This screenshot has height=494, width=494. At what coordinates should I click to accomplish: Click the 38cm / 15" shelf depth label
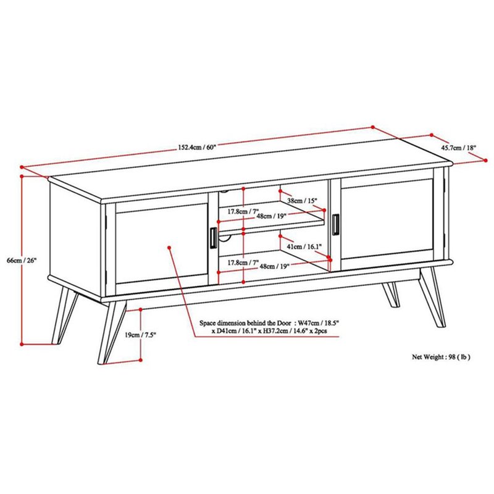(x=302, y=201)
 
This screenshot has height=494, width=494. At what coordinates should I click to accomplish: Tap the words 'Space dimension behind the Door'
(x=246, y=323)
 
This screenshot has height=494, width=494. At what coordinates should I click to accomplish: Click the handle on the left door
(x=212, y=237)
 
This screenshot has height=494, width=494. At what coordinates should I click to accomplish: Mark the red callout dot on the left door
(x=169, y=247)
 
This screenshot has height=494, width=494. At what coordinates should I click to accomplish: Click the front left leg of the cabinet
(x=112, y=333)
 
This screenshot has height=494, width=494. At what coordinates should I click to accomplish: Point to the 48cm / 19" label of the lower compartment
(x=273, y=267)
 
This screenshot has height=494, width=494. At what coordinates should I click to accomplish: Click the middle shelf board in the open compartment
(x=272, y=224)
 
